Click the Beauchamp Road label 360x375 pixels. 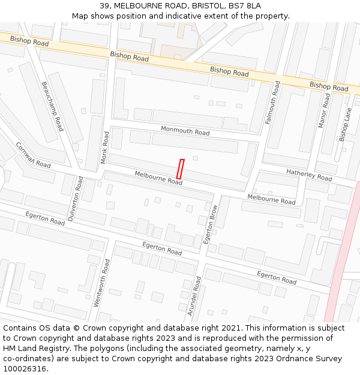(52, 107)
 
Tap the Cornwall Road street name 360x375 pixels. (33, 155)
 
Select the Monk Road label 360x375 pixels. (105, 148)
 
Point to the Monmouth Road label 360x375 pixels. (185, 131)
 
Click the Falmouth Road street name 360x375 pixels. (273, 103)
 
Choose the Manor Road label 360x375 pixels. (324, 110)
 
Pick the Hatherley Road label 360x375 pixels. (309, 175)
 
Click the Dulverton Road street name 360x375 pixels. (75, 199)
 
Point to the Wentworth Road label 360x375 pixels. (101, 283)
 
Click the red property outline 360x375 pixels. (179, 169)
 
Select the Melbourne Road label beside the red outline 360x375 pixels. (158, 178)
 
